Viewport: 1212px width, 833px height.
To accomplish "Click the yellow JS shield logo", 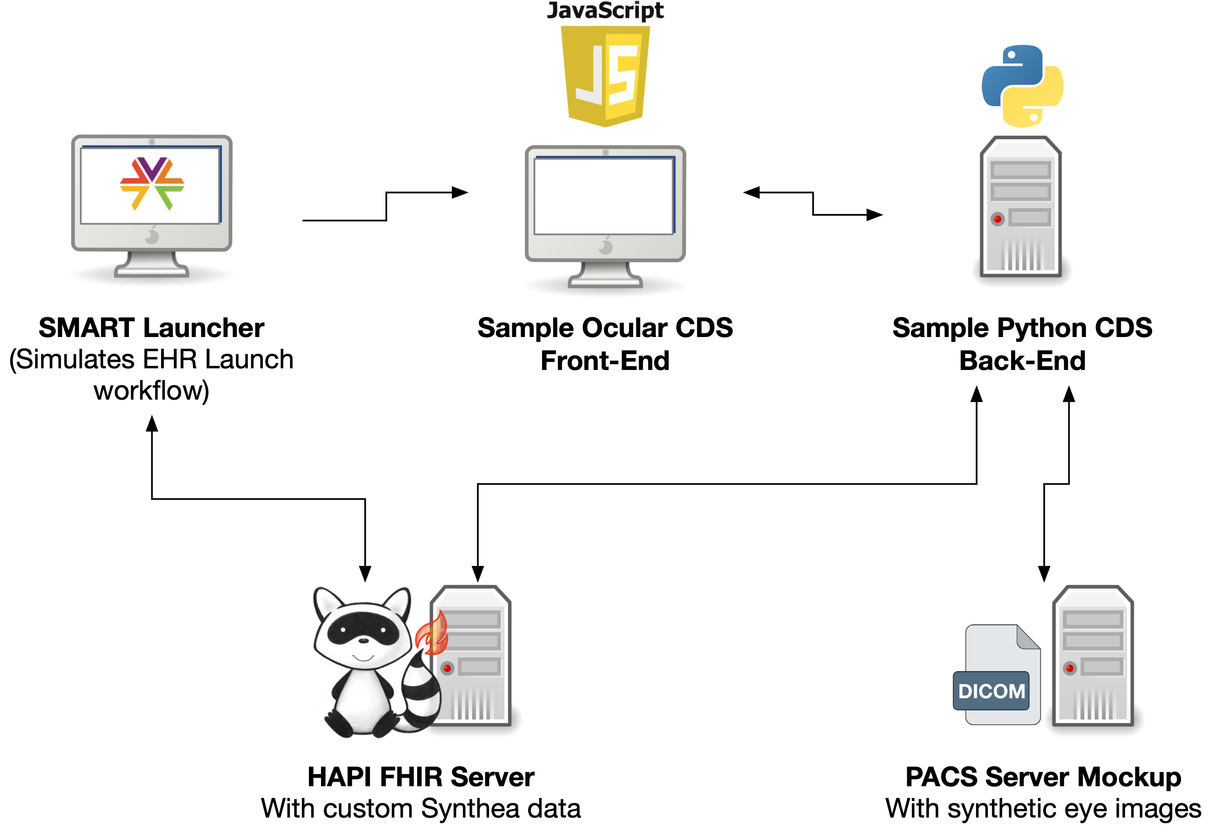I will pyautogui.click(x=605, y=76).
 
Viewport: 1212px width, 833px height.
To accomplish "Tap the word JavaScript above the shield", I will pyautogui.click(x=605, y=11).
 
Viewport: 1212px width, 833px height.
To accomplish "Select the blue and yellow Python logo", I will pyautogui.click(x=1022, y=86).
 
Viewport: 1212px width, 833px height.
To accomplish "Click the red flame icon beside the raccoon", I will pyautogui.click(x=432, y=634).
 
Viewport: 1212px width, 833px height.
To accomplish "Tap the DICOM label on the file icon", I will pyautogui.click(x=991, y=691).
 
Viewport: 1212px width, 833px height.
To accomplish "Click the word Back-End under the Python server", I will pyautogui.click(x=1022, y=361).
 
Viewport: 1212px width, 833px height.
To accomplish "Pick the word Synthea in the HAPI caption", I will pyautogui.click(x=470, y=809).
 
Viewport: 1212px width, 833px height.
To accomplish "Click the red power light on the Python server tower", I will pyautogui.click(x=997, y=219).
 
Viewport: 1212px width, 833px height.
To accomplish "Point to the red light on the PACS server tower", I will pyautogui.click(x=1070, y=668).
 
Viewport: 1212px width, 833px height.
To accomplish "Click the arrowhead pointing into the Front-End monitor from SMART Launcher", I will pyautogui.click(x=460, y=193).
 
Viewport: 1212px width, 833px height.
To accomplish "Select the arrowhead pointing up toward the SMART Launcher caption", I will pyautogui.click(x=152, y=423).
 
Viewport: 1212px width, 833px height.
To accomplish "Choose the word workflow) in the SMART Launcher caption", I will pyautogui.click(x=151, y=391).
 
